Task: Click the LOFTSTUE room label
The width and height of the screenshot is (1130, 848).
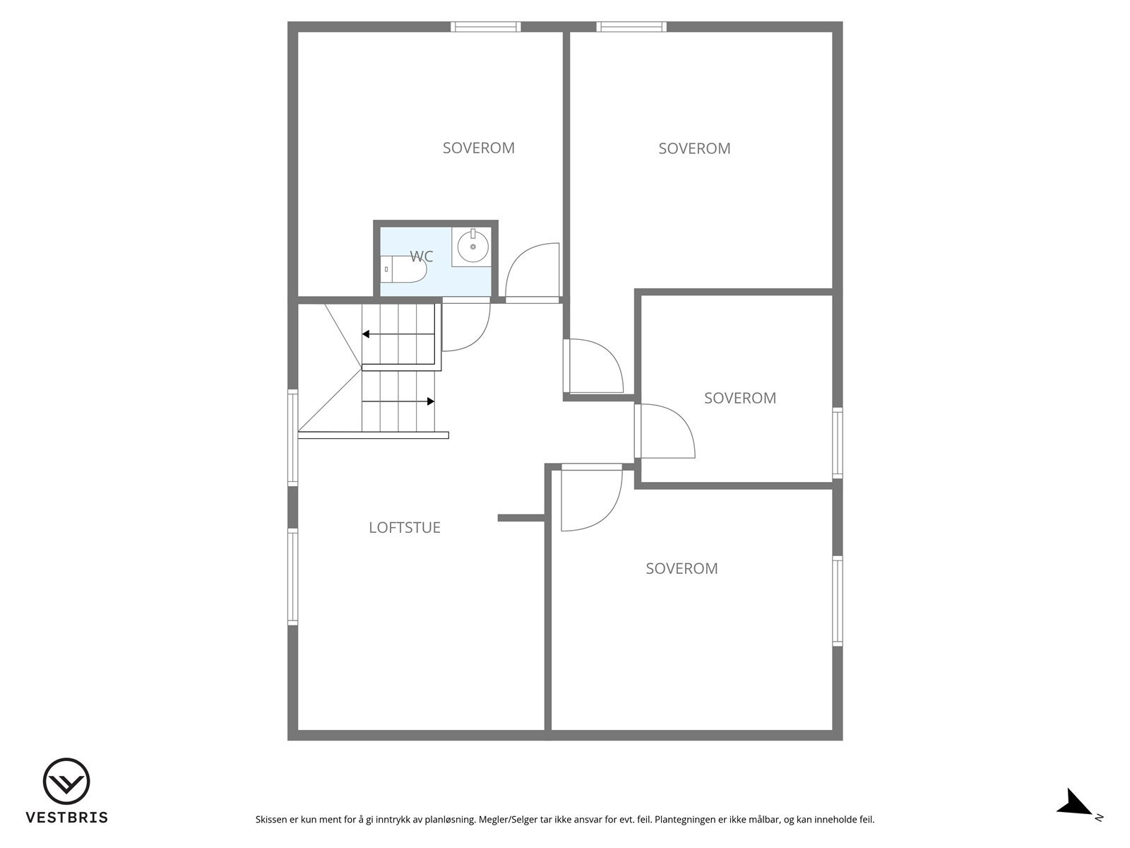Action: coord(405,528)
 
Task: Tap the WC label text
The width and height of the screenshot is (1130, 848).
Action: coord(422,257)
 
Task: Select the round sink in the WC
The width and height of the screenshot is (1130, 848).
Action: coord(472,247)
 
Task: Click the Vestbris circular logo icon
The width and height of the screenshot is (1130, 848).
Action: coord(66,782)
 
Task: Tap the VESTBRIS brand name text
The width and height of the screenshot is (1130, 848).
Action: coord(67,818)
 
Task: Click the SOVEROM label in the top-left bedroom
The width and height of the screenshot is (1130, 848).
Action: coord(479,148)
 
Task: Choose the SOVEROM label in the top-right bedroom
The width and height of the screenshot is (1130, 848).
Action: coord(694,149)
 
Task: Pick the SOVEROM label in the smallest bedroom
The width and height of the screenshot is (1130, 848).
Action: coord(740,399)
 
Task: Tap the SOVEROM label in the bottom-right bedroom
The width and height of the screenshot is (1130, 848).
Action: coord(682,569)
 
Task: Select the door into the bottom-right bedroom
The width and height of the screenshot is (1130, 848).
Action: coord(590,498)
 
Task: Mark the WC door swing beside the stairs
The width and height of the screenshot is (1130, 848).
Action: coord(465,326)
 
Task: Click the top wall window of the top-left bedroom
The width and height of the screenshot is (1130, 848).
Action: coord(486,27)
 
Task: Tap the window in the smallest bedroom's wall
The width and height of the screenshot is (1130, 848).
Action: coord(838,443)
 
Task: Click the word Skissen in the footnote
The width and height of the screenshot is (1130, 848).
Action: coord(272,820)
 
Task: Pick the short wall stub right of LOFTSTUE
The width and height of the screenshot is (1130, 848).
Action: coord(521,518)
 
